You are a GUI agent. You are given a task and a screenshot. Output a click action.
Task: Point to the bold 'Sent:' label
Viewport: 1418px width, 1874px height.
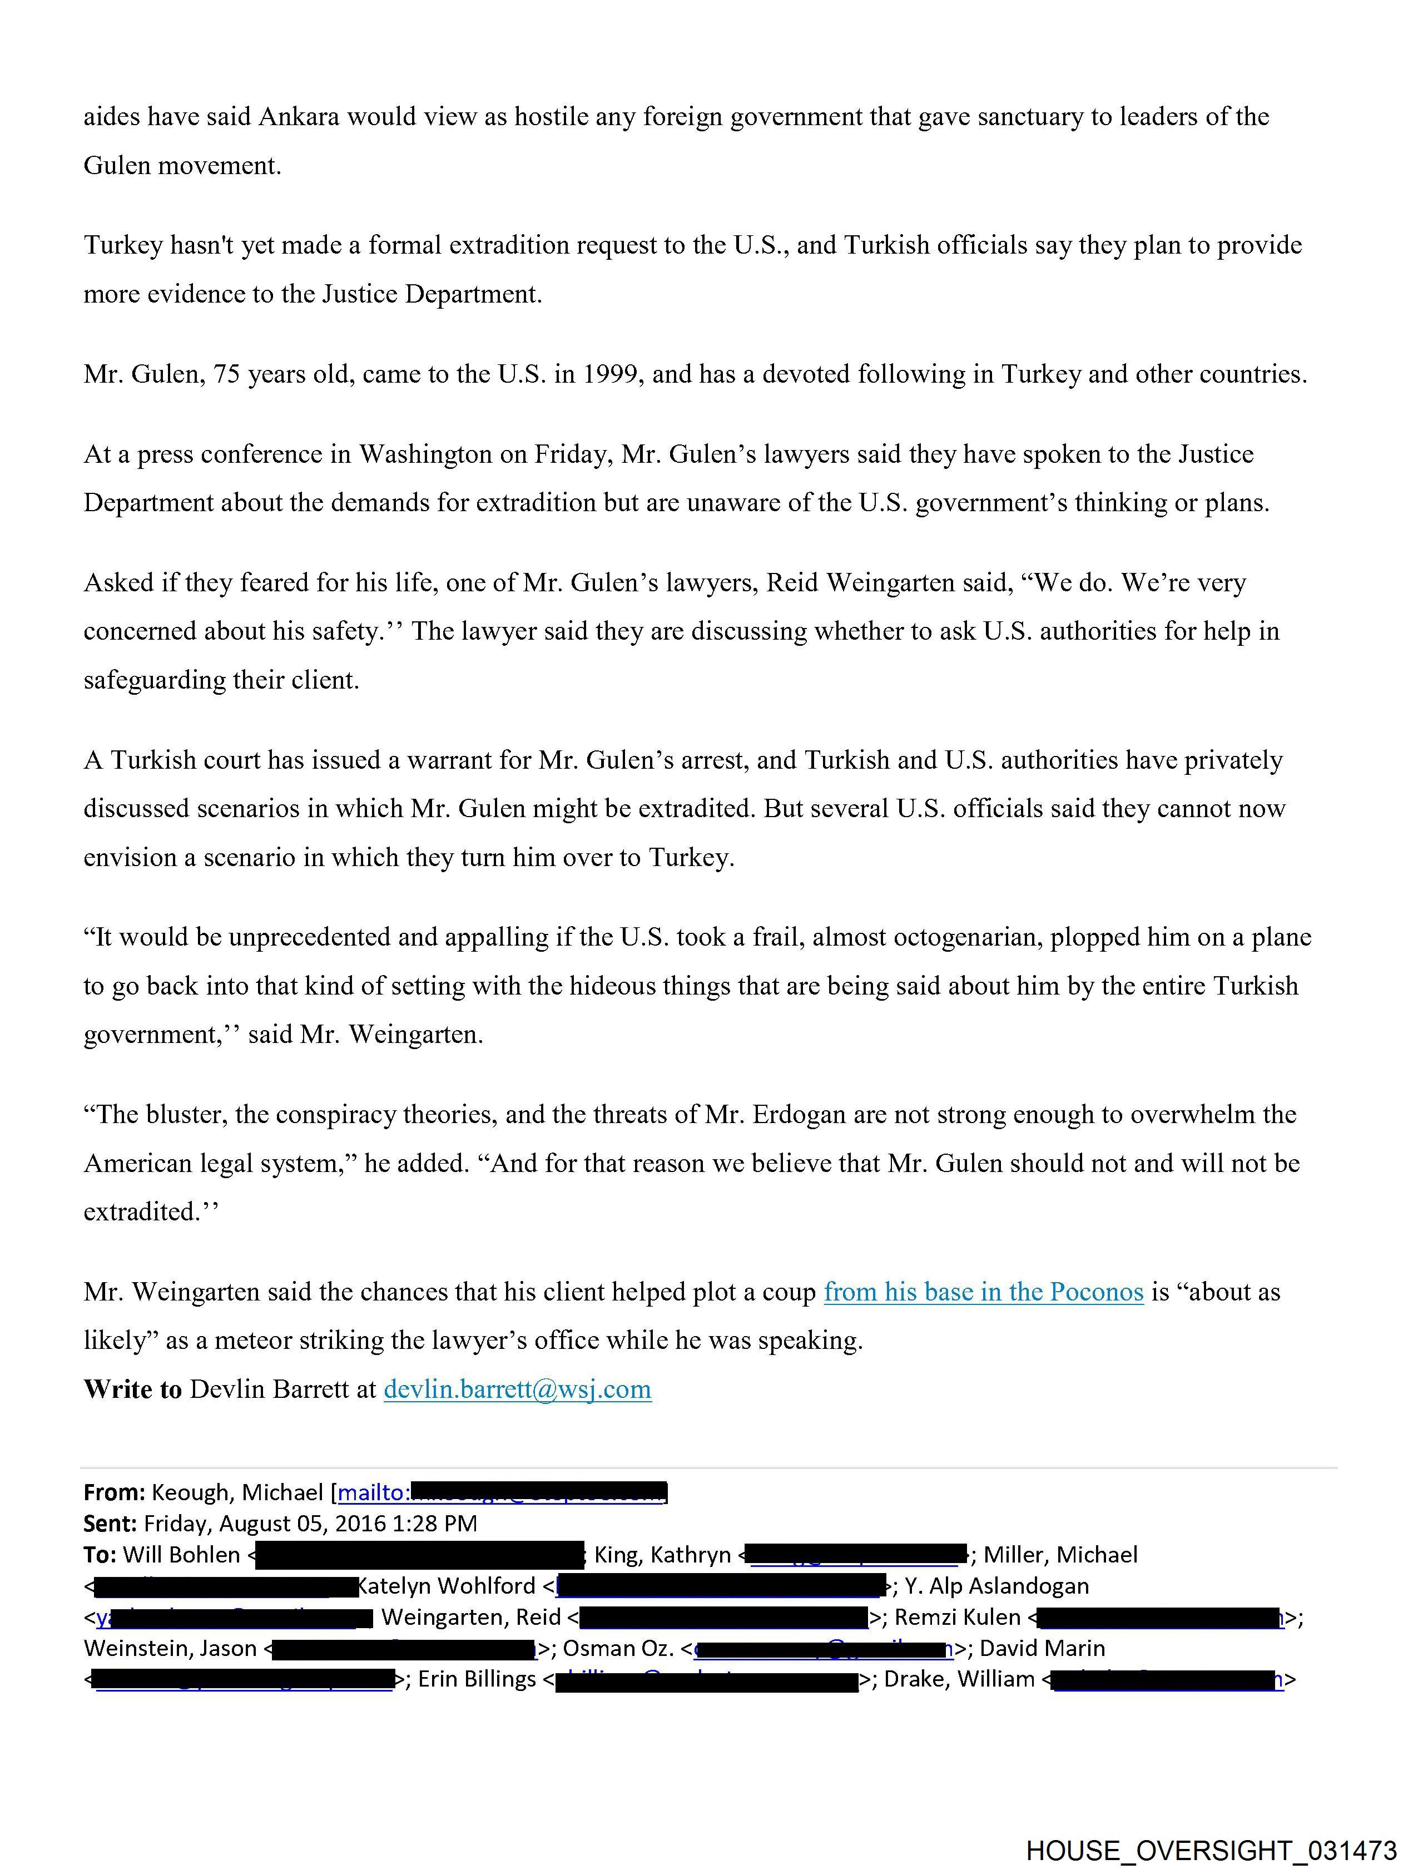[110, 1523]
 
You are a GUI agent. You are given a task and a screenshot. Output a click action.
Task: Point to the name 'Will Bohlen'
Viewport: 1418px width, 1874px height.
[181, 1555]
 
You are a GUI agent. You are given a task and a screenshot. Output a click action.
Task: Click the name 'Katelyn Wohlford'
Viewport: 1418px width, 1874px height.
[447, 1586]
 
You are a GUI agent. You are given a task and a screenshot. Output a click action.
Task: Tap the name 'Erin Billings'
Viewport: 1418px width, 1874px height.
[477, 1679]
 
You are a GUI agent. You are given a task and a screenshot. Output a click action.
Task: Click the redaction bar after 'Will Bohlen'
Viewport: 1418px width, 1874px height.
[419, 1555]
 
